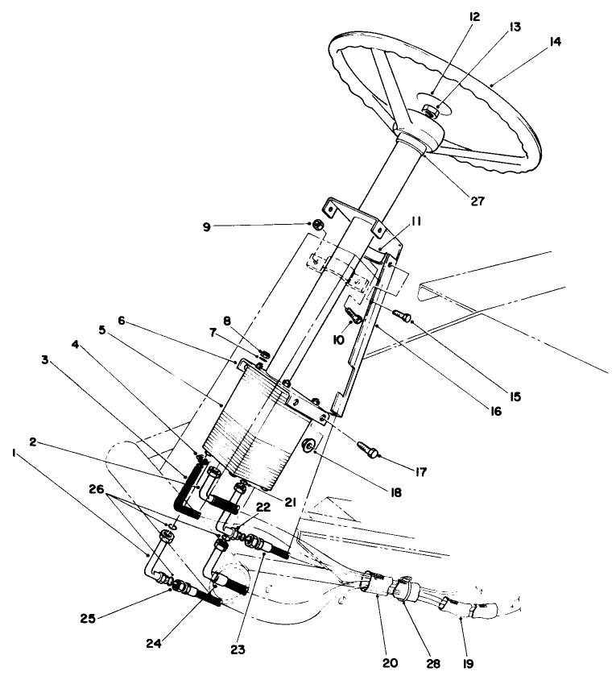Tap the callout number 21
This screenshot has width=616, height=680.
point(291,501)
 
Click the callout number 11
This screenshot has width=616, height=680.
point(417,219)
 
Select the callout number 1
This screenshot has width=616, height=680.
point(14,454)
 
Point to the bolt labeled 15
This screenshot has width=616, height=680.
point(402,314)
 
